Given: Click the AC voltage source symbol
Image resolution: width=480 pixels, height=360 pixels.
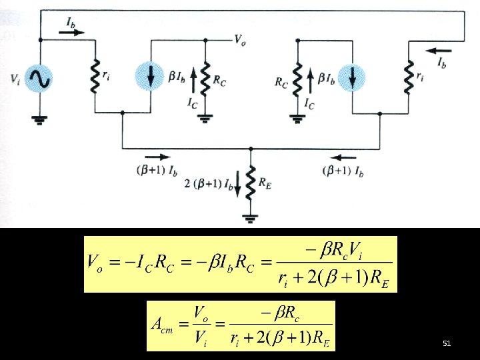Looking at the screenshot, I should pyautogui.click(x=39, y=79).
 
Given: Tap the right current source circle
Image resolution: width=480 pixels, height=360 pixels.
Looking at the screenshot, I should pyautogui.click(x=353, y=76).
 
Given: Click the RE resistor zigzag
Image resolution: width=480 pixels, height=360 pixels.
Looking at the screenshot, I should pyautogui.click(x=251, y=182).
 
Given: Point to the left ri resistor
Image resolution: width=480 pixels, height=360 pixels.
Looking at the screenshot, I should pyautogui.click(x=95, y=77).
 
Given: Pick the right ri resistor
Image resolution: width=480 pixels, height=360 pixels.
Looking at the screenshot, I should pyautogui.click(x=407, y=77).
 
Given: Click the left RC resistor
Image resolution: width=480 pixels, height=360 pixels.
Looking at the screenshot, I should pyautogui.click(x=205, y=77).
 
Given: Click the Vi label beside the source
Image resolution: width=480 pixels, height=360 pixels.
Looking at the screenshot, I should pyautogui.click(x=15, y=79).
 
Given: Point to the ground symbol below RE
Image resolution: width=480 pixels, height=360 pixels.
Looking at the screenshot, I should pyautogui.click(x=251, y=217).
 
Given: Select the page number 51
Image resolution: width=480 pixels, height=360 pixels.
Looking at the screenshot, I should pyautogui.click(x=447, y=343).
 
